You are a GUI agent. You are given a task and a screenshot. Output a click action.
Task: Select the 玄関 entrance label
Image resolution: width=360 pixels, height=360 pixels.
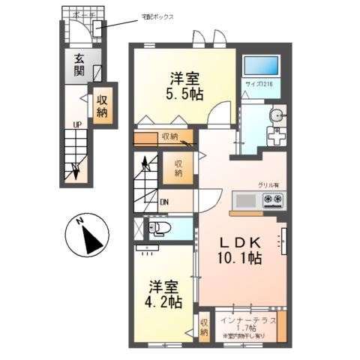click(x=78, y=66)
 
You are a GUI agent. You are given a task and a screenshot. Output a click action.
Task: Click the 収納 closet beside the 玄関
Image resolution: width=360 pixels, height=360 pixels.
click(x=101, y=105)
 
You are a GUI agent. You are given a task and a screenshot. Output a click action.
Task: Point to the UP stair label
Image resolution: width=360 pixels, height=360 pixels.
click(x=76, y=124)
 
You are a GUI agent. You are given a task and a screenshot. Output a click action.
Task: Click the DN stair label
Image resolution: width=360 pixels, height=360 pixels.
click(x=164, y=201)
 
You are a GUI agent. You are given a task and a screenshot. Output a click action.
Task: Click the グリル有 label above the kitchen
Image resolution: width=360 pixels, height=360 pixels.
click(x=268, y=184)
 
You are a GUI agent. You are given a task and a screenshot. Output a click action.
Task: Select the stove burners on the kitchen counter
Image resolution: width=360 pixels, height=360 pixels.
click(x=272, y=199)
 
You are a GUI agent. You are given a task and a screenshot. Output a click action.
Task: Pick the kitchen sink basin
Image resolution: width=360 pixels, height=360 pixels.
click(x=245, y=200)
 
